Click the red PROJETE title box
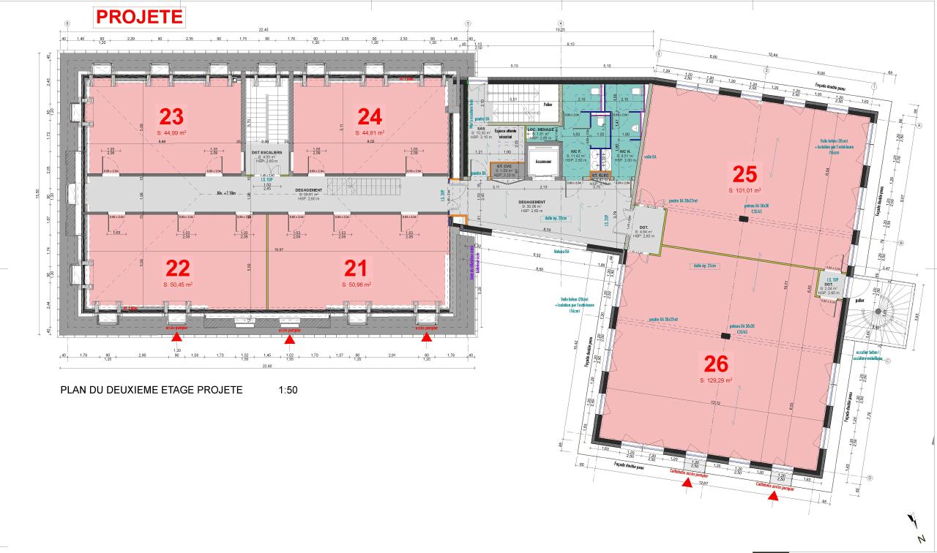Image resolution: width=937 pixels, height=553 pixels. click(x=139, y=16)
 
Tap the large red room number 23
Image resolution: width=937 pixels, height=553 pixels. click(x=171, y=116)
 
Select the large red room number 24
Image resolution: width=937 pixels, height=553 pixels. click(x=370, y=116)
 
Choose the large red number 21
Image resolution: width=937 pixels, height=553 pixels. click(x=356, y=268)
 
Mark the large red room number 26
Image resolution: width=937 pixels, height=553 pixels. click(x=717, y=364)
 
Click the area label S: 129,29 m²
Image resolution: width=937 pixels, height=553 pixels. click(x=717, y=380)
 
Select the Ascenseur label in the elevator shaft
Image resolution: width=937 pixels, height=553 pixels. click(x=544, y=161)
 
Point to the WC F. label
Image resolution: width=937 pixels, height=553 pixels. click(x=577, y=151)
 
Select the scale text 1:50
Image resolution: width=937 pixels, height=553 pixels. click(x=288, y=390)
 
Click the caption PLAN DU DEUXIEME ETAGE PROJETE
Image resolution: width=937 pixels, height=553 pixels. click(x=152, y=390)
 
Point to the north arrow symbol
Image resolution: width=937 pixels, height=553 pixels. click(x=913, y=521)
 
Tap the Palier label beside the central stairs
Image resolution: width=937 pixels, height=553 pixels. click(x=548, y=104)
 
